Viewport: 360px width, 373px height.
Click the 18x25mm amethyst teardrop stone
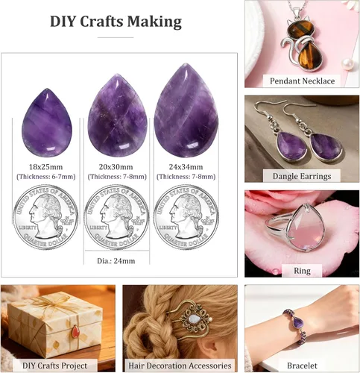pos(47,123)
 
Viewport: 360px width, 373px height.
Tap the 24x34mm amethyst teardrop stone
pos(186,110)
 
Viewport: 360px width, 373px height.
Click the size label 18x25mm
pos(46,167)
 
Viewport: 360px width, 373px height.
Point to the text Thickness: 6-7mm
pos(46,177)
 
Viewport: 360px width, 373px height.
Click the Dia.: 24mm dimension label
pos(116,261)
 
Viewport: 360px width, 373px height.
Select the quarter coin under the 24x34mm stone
pos(186,217)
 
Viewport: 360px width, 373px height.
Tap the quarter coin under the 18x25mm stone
pos(45,217)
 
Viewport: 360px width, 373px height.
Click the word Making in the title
pos(154,22)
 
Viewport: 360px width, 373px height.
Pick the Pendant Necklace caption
pos(302,81)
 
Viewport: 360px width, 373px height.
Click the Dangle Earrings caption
pos(302,176)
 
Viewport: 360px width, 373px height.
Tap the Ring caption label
pos(302,271)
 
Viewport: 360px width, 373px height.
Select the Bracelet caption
pos(302,366)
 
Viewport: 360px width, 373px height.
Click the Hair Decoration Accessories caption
pos(180,366)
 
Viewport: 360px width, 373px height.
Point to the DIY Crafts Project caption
pos(54,366)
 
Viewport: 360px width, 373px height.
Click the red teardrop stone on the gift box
pos(75,331)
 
